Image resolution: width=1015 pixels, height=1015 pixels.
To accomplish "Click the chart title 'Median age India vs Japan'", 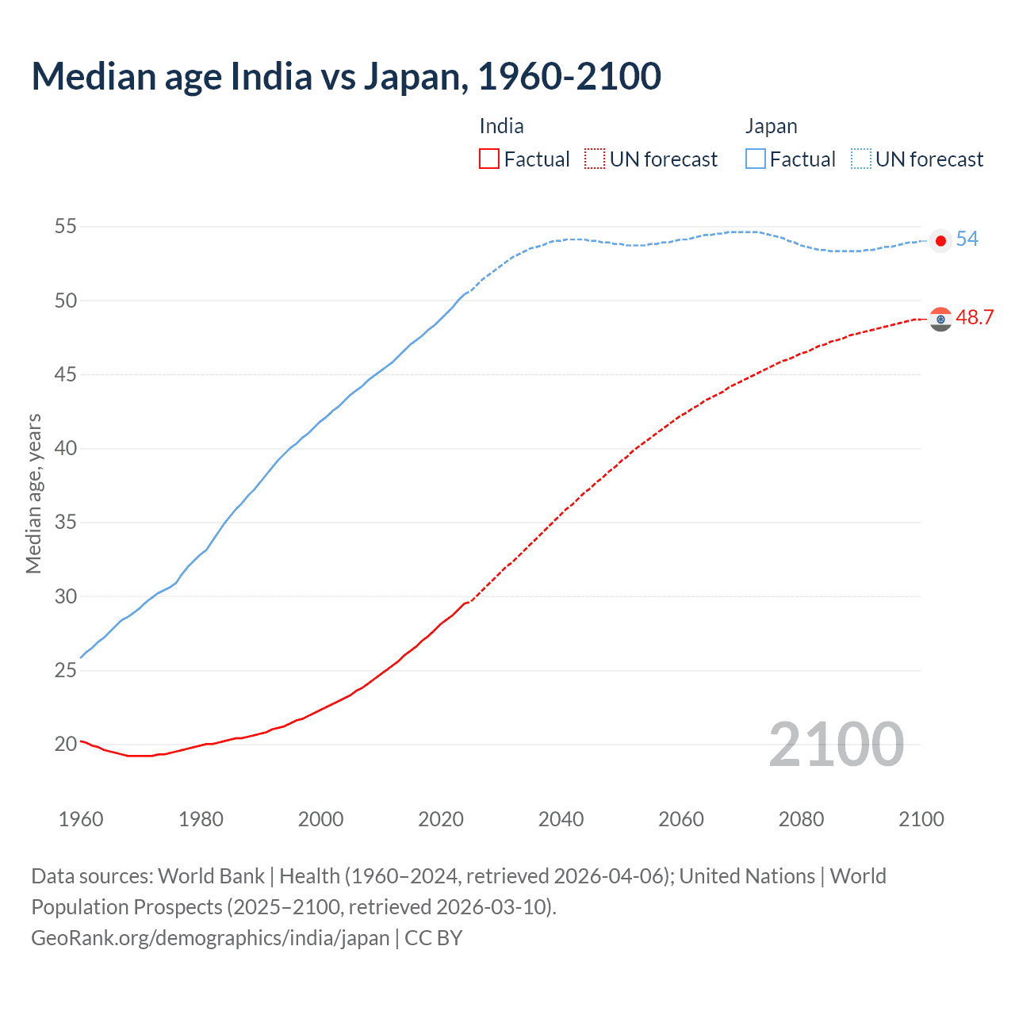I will (346, 77).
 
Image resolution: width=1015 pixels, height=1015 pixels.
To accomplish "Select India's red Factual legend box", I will (489, 159).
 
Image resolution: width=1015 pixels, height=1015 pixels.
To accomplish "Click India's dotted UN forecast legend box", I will (595, 159).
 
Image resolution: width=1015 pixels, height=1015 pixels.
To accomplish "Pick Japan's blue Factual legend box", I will (756, 159).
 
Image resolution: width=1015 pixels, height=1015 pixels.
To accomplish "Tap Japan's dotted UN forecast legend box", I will (861, 159).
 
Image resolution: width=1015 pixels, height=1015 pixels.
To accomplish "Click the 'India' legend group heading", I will (501, 126).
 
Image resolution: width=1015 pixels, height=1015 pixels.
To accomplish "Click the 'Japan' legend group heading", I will (771, 126).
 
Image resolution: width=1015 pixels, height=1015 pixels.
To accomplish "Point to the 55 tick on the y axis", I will (66, 227).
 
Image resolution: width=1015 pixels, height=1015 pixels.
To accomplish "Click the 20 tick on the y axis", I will (66, 744).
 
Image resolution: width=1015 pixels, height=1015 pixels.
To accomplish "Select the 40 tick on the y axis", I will (66, 448).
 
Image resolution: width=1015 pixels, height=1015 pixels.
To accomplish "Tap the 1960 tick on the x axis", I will (81, 819).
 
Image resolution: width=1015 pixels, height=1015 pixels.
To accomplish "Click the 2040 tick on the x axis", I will (561, 819).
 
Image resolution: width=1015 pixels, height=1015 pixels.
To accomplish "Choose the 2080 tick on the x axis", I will (801, 819).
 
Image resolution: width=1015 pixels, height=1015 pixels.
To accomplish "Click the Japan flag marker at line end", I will (940, 241).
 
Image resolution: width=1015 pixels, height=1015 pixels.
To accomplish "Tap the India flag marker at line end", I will (940, 319).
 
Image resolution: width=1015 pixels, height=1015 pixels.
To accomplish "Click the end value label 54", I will (967, 239).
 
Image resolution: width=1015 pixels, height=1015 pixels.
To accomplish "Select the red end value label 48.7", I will (975, 318).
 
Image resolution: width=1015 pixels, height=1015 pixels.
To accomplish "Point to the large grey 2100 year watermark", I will (836, 745).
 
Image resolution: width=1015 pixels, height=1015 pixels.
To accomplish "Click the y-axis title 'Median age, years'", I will (33, 493).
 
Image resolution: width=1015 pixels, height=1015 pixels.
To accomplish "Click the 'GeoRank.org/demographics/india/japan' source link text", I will (210, 938).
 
